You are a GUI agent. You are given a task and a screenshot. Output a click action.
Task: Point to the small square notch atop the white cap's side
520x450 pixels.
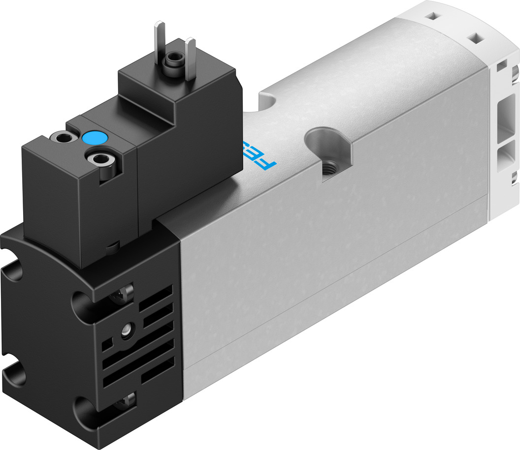[x=502, y=64]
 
